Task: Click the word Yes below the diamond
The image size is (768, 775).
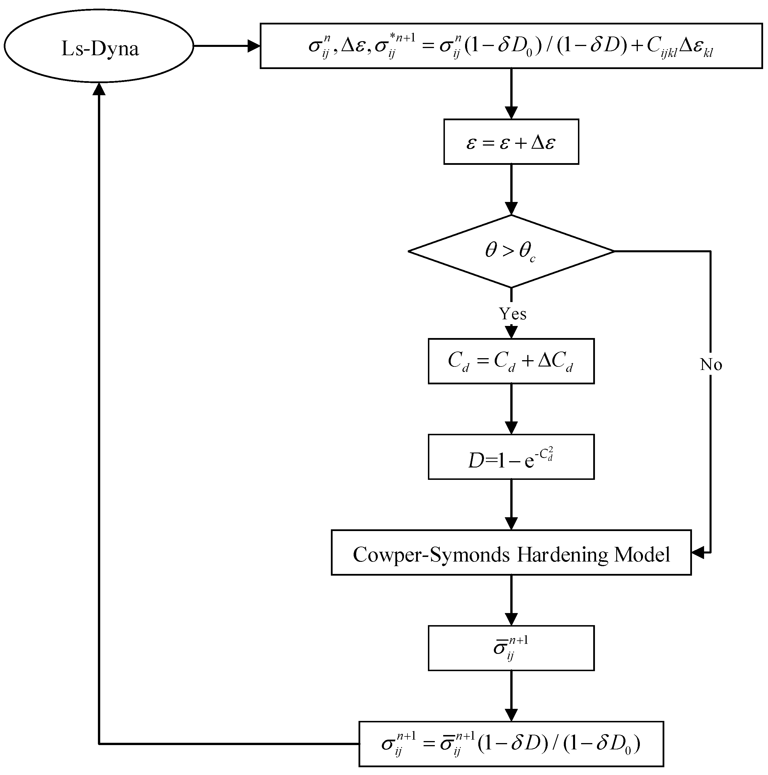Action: (512, 314)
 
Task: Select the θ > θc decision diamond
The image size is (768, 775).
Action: (511, 251)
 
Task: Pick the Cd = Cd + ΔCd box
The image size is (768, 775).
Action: (511, 361)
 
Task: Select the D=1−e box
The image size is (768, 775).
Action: (511, 457)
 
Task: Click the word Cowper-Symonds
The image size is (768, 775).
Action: (432, 555)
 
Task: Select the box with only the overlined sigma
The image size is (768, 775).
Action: (511, 648)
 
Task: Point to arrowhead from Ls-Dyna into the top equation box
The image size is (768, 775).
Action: (254, 46)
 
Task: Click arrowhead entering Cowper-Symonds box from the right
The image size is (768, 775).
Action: (698, 552)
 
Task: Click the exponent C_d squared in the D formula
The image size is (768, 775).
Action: (546, 455)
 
